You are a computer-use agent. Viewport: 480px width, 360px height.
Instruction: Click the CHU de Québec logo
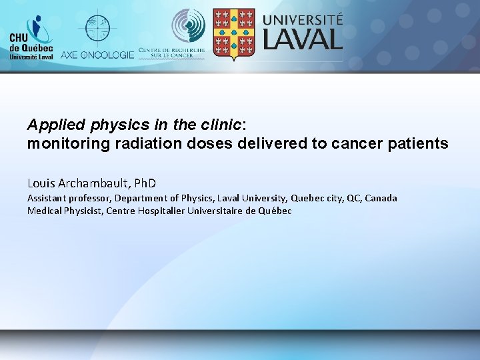31,39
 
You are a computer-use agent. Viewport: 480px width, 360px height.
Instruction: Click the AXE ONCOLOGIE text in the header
97,55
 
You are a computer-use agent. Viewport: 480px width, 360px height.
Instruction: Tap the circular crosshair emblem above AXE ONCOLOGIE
97,27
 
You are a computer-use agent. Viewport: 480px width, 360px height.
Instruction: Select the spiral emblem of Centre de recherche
189,25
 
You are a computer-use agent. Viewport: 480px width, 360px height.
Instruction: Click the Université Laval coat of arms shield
233,33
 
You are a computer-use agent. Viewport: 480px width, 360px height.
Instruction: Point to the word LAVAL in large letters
303,38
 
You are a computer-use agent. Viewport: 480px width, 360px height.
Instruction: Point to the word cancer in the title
359,143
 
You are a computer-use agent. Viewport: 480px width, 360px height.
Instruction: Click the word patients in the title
421,143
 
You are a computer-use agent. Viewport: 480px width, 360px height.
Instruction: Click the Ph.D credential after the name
143,182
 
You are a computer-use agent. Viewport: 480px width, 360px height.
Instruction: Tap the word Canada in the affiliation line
381,198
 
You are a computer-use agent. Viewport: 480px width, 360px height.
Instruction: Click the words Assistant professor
69,198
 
